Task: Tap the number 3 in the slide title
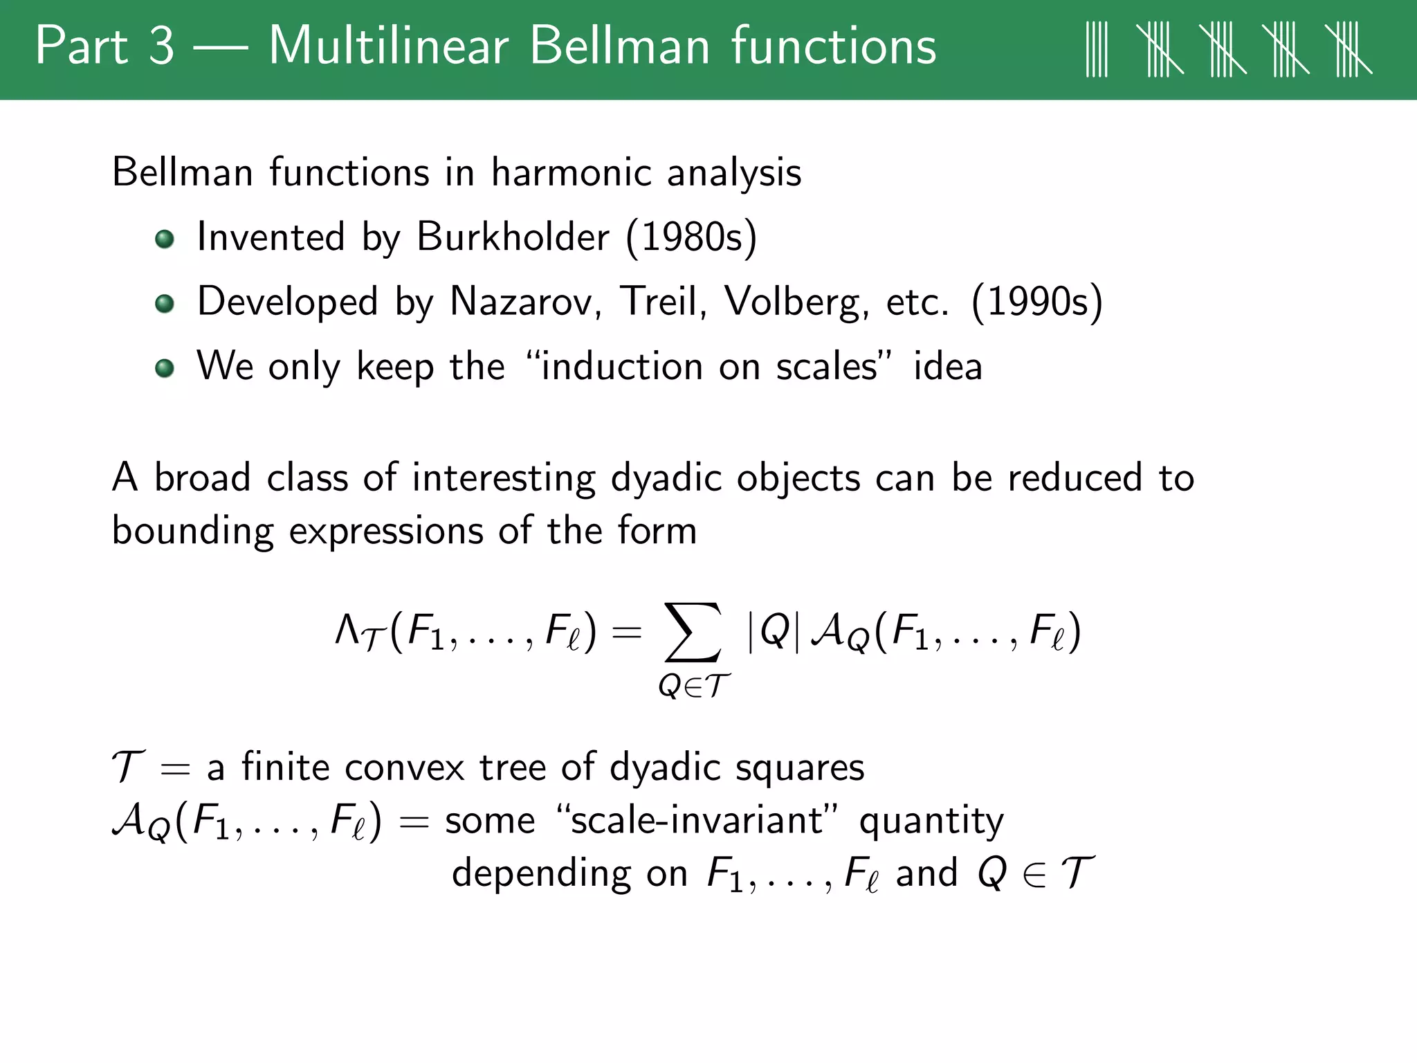161,46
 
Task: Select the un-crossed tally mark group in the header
1097,49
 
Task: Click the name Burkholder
513,237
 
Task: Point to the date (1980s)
691,237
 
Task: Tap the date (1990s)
1036,302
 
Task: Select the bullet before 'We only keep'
165,367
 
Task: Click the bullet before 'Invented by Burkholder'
165,239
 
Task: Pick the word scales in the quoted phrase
826,367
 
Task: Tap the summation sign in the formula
693,631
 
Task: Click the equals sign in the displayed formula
627,632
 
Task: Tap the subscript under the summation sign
693,686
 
